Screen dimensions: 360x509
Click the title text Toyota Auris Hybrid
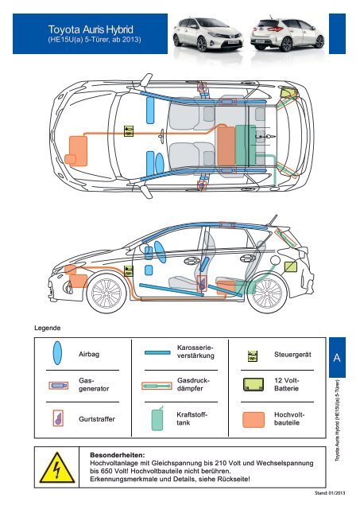pyautogui.click(x=91, y=29)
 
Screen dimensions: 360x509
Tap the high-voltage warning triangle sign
pyautogui.click(x=57, y=468)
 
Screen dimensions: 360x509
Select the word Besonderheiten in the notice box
pyautogui.click(x=118, y=455)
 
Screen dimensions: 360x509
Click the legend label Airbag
pyautogui.click(x=89, y=354)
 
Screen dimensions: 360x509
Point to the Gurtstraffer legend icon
pyautogui.click(x=58, y=418)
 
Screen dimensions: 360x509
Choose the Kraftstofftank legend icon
pyautogui.click(x=157, y=418)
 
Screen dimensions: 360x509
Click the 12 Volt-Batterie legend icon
pyautogui.click(x=254, y=384)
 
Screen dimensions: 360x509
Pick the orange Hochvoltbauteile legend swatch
pyautogui.click(x=254, y=420)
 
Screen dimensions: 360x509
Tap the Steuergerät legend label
pyautogui.click(x=292, y=355)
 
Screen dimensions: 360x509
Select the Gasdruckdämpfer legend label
pyautogui.click(x=194, y=384)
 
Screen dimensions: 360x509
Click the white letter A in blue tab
pyautogui.click(x=337, y=357)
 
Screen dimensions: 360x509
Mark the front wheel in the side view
pyautogui.click(x=106, y=293)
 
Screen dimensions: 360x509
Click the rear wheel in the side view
pyautogui.click(x=267, y=293)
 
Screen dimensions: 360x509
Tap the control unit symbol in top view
pyautogui.click(x=129, y=130)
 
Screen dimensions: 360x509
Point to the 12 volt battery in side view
pyautogui.click(x=291, y=267)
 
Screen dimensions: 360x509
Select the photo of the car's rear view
pyautogui.click(x=288, y=34)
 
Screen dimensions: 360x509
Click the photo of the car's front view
pyautogui.click(x=208, y=34)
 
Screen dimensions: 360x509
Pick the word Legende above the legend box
pyautogui.click(x=48, y=328)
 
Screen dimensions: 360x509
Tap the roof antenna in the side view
pyautogui.click(x=273, y=220)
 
